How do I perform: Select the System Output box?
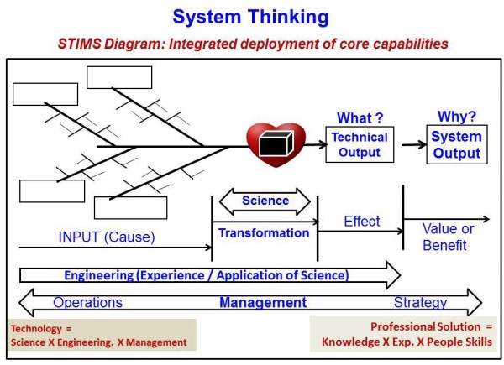(456, 144)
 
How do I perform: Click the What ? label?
(360, 117)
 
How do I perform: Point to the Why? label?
(456, 116)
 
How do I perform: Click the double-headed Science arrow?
(265, 201)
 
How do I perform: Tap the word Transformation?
(264, 232)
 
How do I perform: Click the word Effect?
(361, 222)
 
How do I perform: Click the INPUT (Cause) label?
(107, 237)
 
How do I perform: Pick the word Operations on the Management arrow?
(87, 302)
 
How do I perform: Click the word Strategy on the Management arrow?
(420, 302)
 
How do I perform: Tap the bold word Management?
(263, 302)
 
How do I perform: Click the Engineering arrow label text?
(206, 274)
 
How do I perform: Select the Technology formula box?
(100, 334)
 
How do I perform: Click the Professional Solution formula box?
(407, 334)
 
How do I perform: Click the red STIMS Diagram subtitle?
(253, 41)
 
